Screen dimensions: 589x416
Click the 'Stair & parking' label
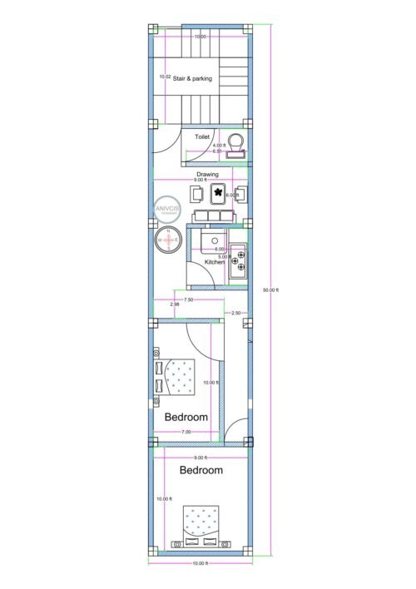192,78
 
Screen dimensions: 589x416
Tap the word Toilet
202,135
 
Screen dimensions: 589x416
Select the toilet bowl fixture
237,143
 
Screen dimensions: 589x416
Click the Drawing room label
207,174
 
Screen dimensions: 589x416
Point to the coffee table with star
220,195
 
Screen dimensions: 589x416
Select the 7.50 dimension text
189,299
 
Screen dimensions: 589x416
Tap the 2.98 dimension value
174,305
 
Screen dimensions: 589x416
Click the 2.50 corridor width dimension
236,313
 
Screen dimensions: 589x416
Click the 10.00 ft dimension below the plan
201,564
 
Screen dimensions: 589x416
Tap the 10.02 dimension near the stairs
165,77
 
